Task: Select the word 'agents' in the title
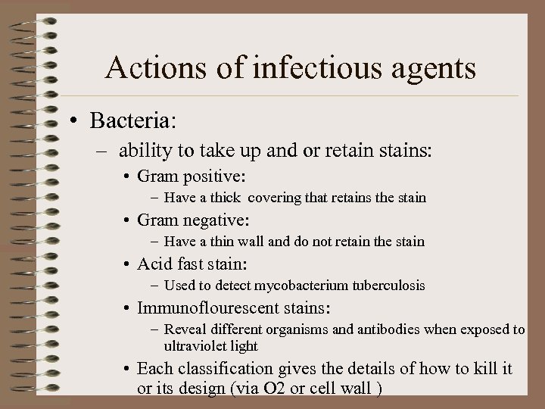[433, 70]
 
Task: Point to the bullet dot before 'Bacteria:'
[77, 121]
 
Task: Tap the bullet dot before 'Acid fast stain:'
[127, 265]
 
